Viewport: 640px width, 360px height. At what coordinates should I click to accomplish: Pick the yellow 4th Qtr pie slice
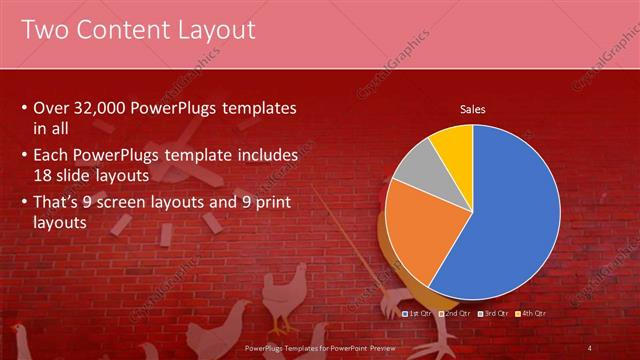coord(452,145)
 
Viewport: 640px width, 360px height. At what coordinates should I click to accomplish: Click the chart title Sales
coord(473,109)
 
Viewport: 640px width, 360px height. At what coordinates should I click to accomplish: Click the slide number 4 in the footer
coord(590,347)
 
